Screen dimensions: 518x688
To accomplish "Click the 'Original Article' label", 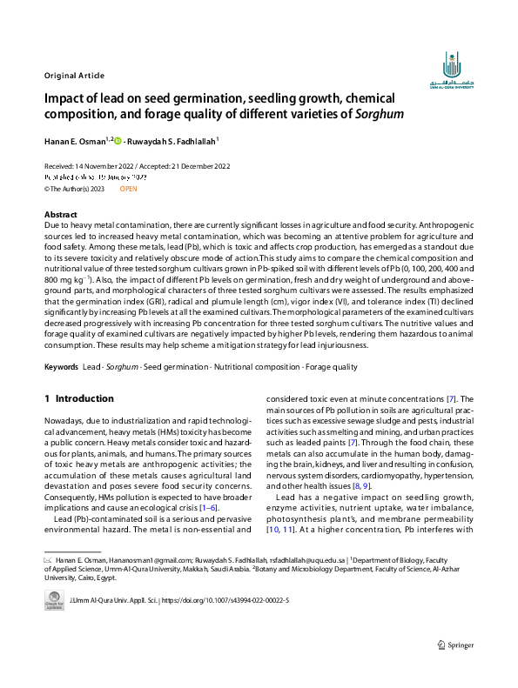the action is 74,74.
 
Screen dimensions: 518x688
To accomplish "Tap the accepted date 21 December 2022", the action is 192,166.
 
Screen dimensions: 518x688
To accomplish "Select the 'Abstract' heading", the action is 61,214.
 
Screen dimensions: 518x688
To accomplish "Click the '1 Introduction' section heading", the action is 79,398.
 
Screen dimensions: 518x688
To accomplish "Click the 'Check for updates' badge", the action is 54,600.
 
